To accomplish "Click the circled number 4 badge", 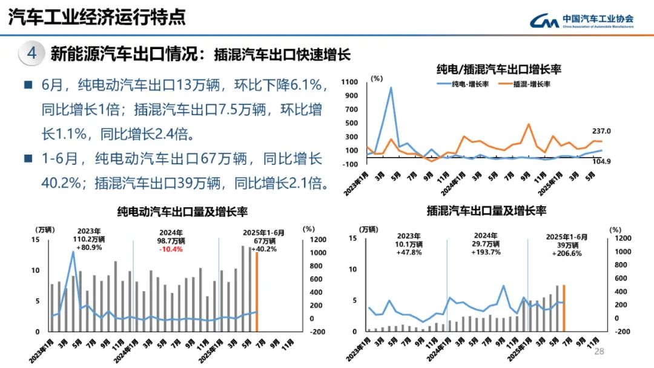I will (x=31, y=53).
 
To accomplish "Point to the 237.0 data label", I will (x=601, y=131).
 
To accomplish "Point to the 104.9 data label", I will (x=601, y=161).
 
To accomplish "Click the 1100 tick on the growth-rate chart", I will (x=352, y=82).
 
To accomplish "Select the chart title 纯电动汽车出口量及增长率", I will (x=182, y=212).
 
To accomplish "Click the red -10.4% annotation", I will (x=172, y=249).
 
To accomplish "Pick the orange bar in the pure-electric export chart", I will (x=257, y=291).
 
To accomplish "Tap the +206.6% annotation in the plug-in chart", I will (x=566, y=253).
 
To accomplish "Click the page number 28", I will (x=599, y=352).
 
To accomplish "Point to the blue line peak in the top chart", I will (x=391, y=88).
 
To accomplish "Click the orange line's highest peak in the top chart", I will (x=528, y=124).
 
